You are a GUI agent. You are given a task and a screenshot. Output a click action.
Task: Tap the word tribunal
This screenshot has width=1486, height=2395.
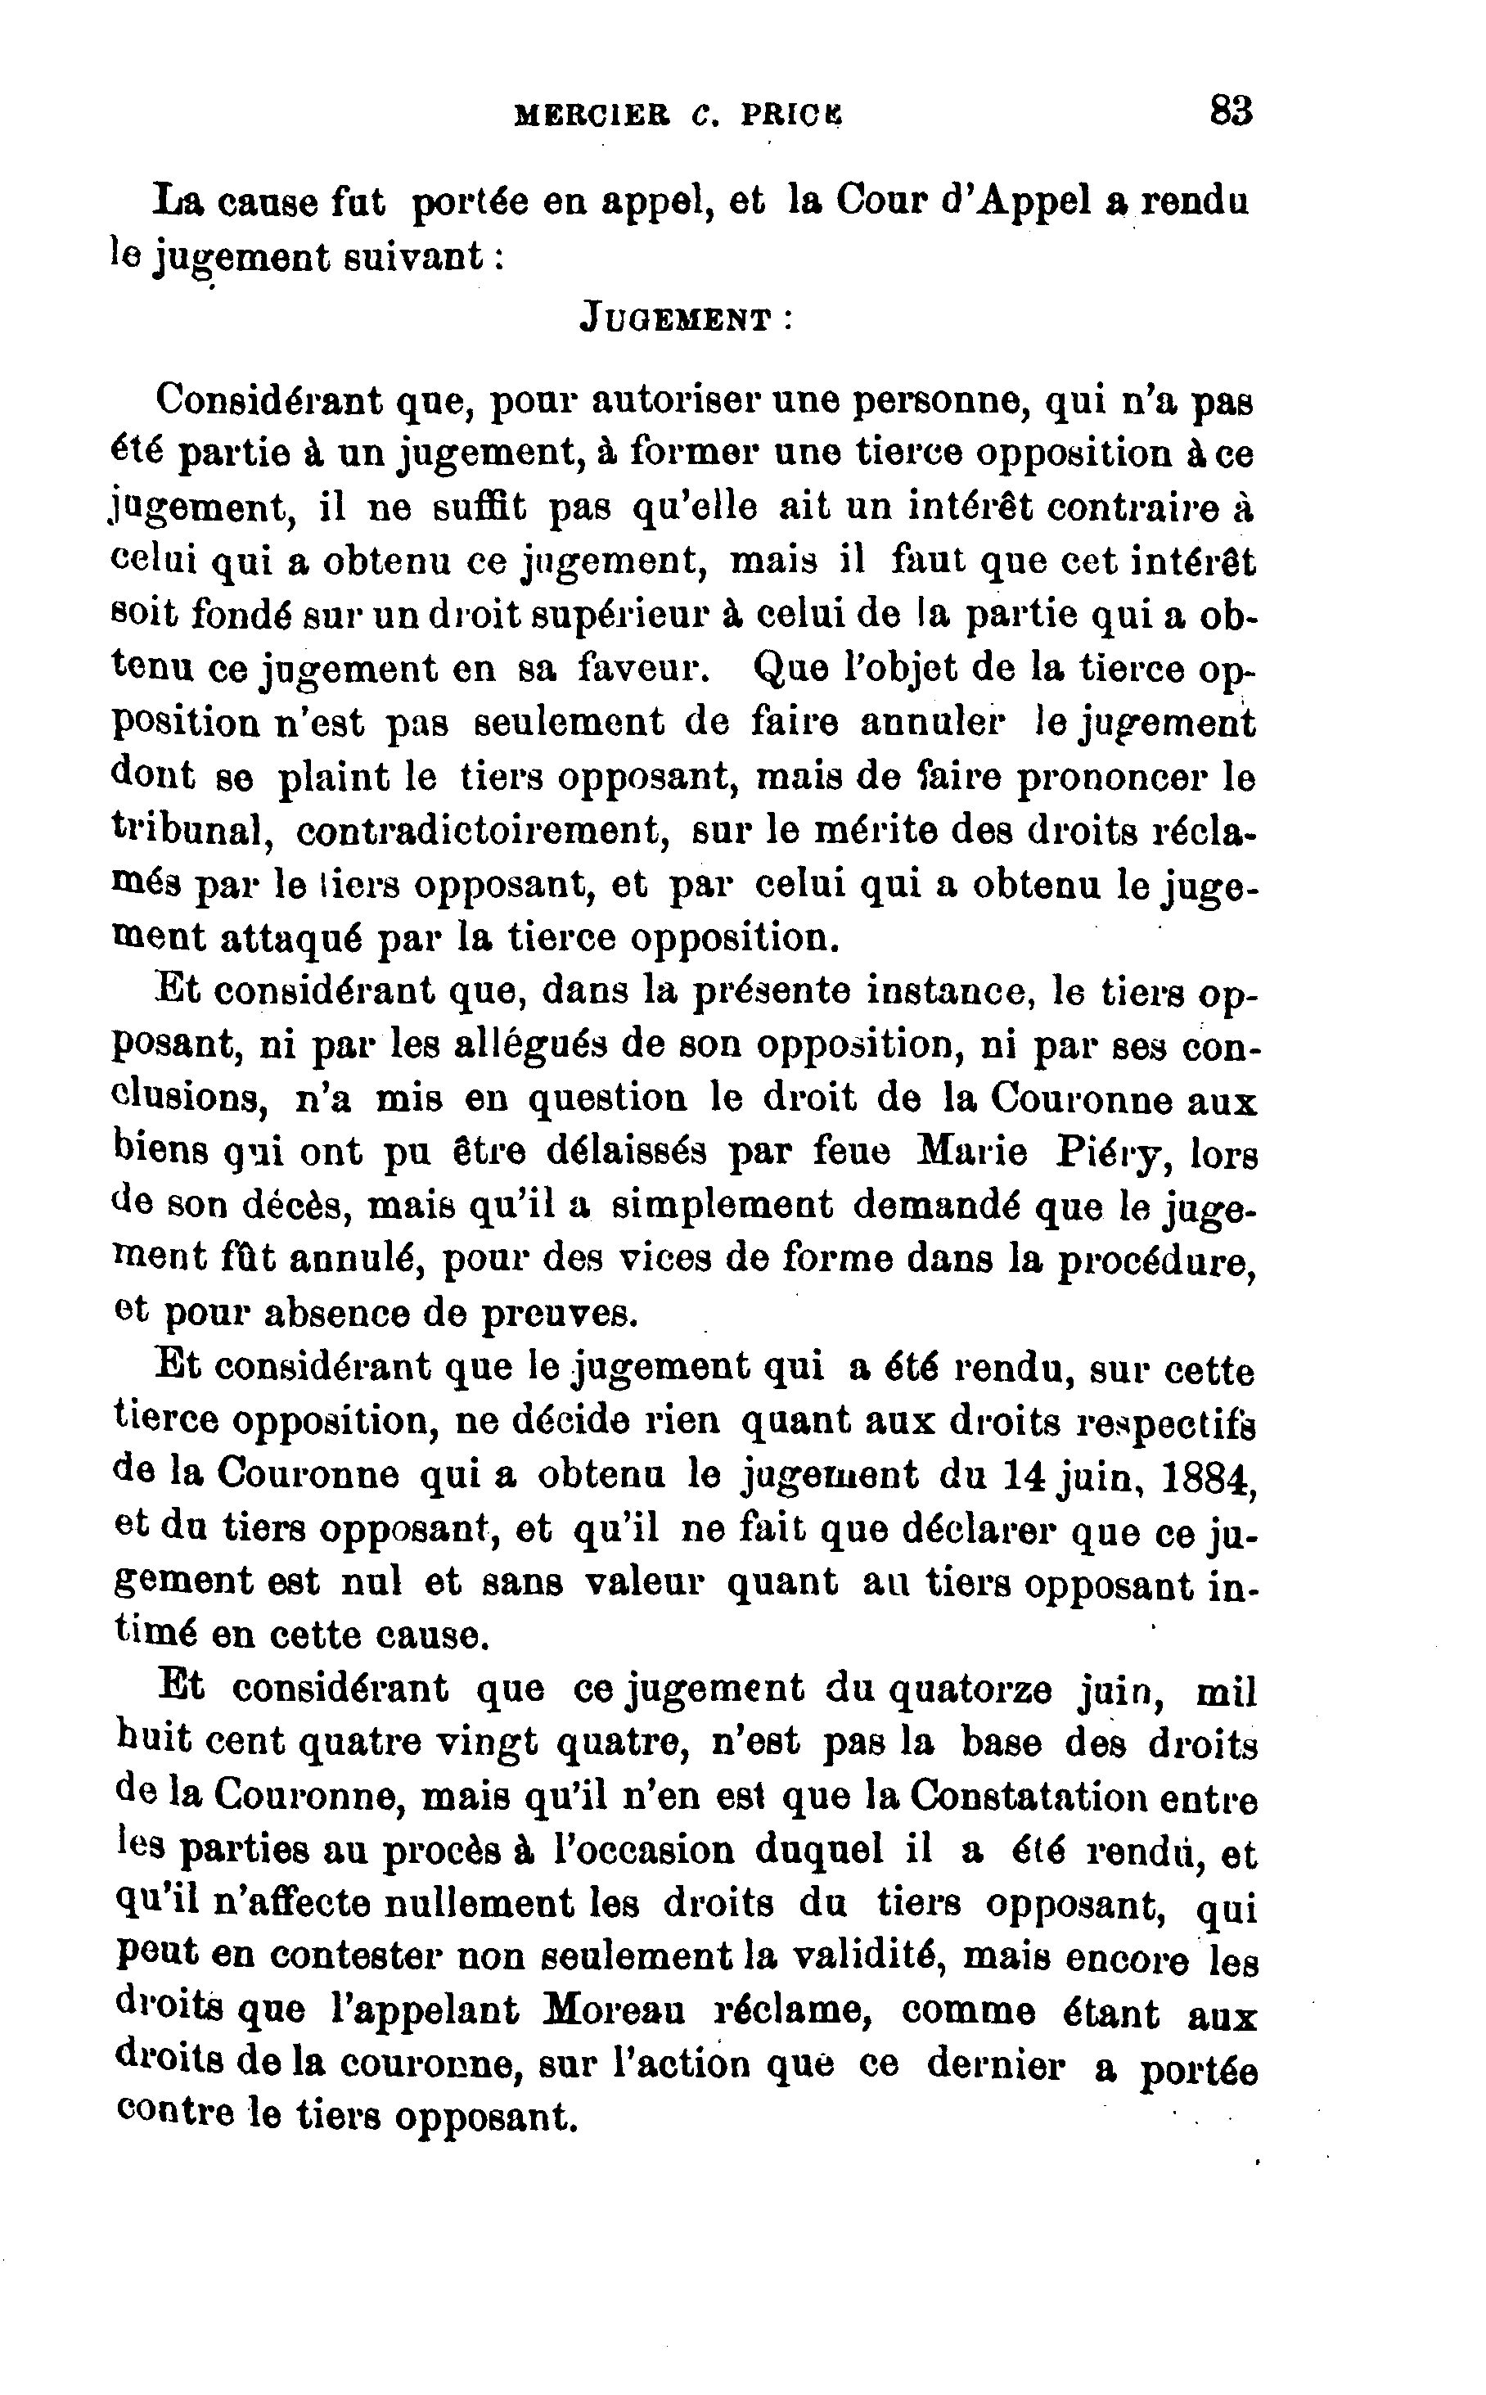click(x=191, y=831)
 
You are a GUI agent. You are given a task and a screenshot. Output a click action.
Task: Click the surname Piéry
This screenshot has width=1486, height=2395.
click(x=1110, y=1153)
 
